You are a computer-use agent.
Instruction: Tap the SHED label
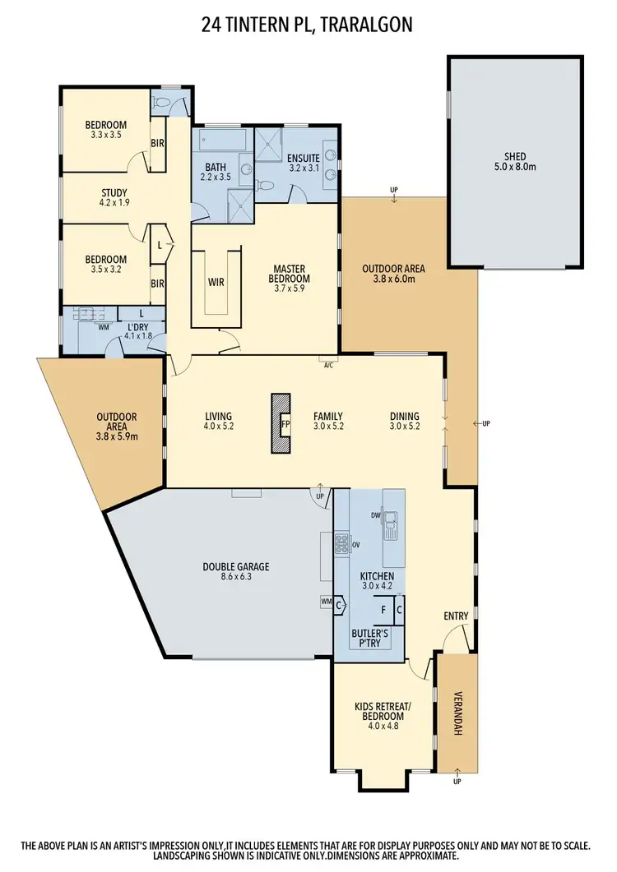pyautogui.click(x=515, y=156)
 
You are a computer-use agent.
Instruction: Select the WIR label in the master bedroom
pyautogui.click(x=217, y=282)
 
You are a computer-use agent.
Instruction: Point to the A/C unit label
pyautogui.click(x=328, y=364)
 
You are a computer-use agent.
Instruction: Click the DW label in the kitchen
pyautogui.click(x=376, y=516)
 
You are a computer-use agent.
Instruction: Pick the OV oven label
pyautogui.click(x=356, y=544)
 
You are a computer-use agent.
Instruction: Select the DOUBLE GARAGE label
pyautogui.click(x=236, y=566)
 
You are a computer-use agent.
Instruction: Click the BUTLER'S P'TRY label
pyautogui.click(x=370, y=640)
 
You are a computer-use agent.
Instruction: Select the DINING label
pyautogui.click(x=404, y=416)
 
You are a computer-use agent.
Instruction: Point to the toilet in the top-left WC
pyautogui.click(x=164, y=104)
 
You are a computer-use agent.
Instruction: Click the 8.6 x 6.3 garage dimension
pyautogui.click(x=236, y=578)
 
